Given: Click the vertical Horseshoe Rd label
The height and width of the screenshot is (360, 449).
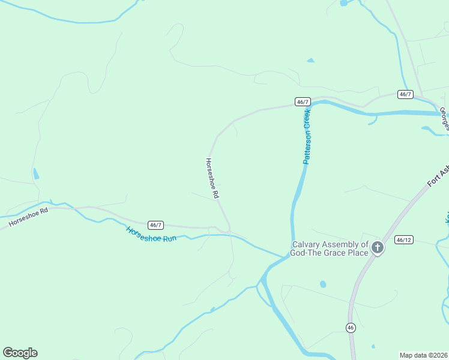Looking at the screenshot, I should coord(212,178).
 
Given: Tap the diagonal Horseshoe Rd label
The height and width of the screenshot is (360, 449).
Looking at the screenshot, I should coord(28,218).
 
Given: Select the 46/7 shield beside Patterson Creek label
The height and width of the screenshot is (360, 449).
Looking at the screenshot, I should coord(303,102).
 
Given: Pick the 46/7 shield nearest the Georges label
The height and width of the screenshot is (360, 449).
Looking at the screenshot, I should coord(405,94).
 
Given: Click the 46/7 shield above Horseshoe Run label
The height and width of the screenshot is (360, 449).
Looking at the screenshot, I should coord(155,225).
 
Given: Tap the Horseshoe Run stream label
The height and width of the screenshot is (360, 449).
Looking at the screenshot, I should coord(151,234).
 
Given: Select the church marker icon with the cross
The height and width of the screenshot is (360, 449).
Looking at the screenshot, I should coord(377,247).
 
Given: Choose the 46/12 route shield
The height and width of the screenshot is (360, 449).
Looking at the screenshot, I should coord(404,240).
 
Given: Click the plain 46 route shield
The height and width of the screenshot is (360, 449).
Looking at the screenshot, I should coord(350,327).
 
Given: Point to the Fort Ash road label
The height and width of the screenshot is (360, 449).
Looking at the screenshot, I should coord(438,176).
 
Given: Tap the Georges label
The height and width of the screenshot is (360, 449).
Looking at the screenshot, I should coord(444,118).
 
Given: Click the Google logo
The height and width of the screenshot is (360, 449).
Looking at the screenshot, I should coord(20,353).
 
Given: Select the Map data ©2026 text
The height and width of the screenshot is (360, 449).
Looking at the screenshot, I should coord(423,355).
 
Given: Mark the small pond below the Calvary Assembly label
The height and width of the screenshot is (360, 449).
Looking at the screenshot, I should coord(323,284).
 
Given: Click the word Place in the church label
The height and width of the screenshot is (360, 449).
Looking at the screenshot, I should coord(355,253).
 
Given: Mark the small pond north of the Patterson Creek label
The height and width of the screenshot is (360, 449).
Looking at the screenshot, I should coord(310,61).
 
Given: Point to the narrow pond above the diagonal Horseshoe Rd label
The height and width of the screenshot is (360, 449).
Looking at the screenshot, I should coord(36,174).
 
